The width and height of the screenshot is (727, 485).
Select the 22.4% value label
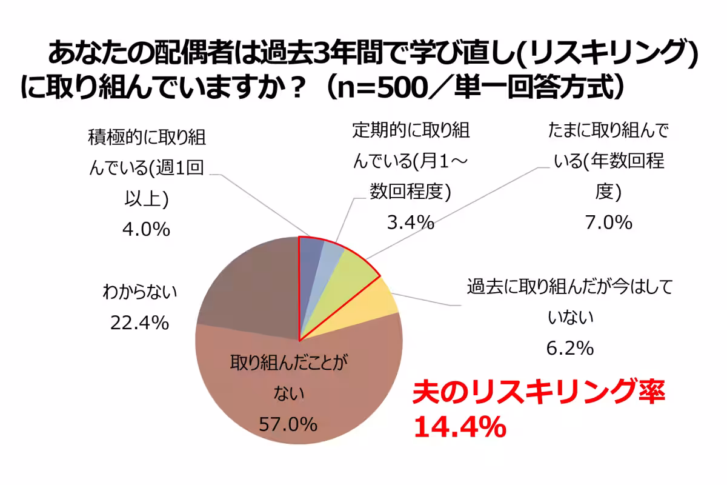pyautogui.click(x=139, y=323)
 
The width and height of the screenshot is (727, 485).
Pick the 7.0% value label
pyautogui.click(x=608, y=222)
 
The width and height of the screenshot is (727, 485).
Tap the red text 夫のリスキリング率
pyautogui.click(x=539, y=393)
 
